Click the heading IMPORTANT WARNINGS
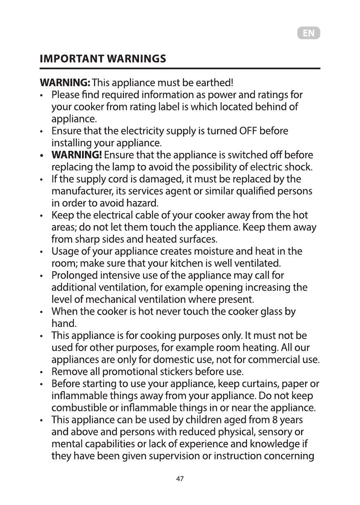point(103,58)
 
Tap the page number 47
point(180,479)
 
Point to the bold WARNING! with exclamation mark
point(76,155)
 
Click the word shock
point(302,167)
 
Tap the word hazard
point(144,204)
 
